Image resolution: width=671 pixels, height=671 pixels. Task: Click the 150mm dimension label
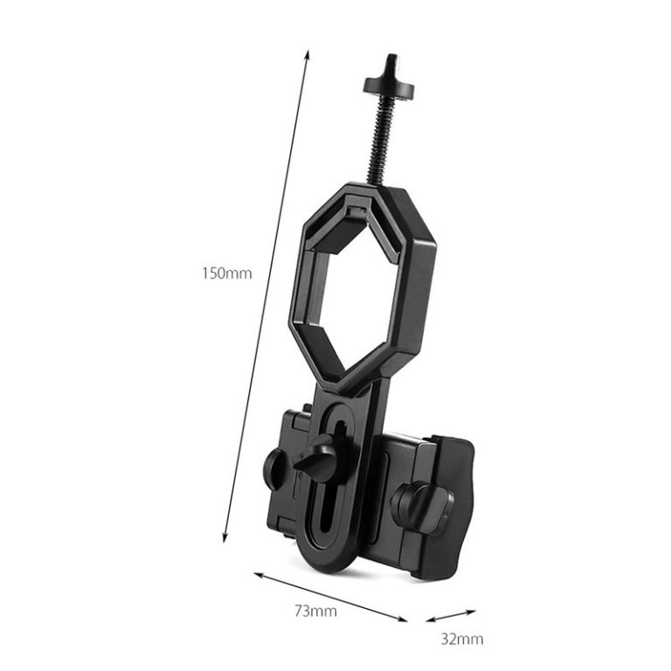pyautogui.click(x=227, y=273)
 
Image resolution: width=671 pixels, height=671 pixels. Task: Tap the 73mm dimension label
pyautogui.click(x=316, y=611)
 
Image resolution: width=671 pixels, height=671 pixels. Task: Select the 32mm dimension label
pyautogui.click(x=461, y=639)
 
